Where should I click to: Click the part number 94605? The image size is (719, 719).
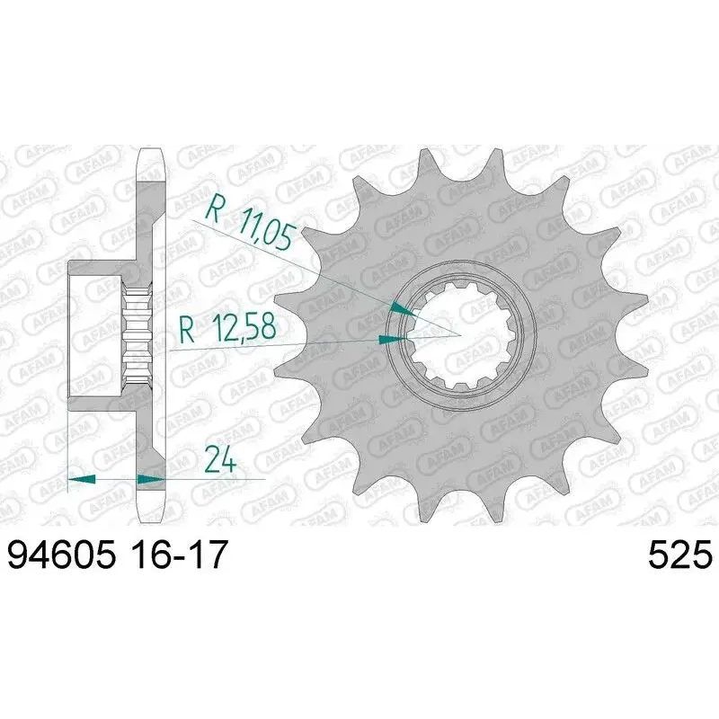61,555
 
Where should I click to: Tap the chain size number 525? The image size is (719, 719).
680,555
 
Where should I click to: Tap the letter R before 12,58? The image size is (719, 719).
187,330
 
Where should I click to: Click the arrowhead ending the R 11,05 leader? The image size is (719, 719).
403,309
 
